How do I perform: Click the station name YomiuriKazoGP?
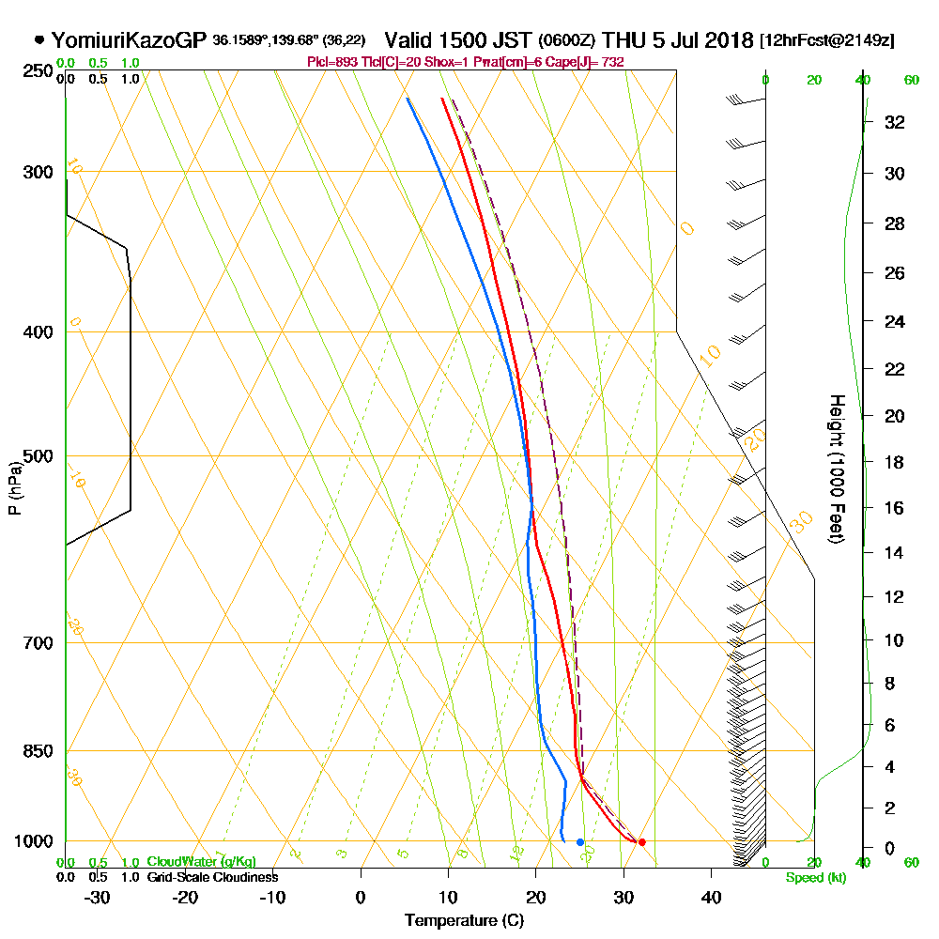128,40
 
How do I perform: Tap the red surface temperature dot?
641,841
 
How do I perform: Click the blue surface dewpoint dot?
579,841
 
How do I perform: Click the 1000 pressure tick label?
33,840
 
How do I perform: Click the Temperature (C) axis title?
464,920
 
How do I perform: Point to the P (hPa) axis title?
14,488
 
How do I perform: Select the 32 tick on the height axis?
895,122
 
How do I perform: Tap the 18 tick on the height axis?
895,462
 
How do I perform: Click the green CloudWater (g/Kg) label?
201,862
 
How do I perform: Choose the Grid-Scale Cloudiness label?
212,877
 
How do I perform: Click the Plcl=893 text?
329,62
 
